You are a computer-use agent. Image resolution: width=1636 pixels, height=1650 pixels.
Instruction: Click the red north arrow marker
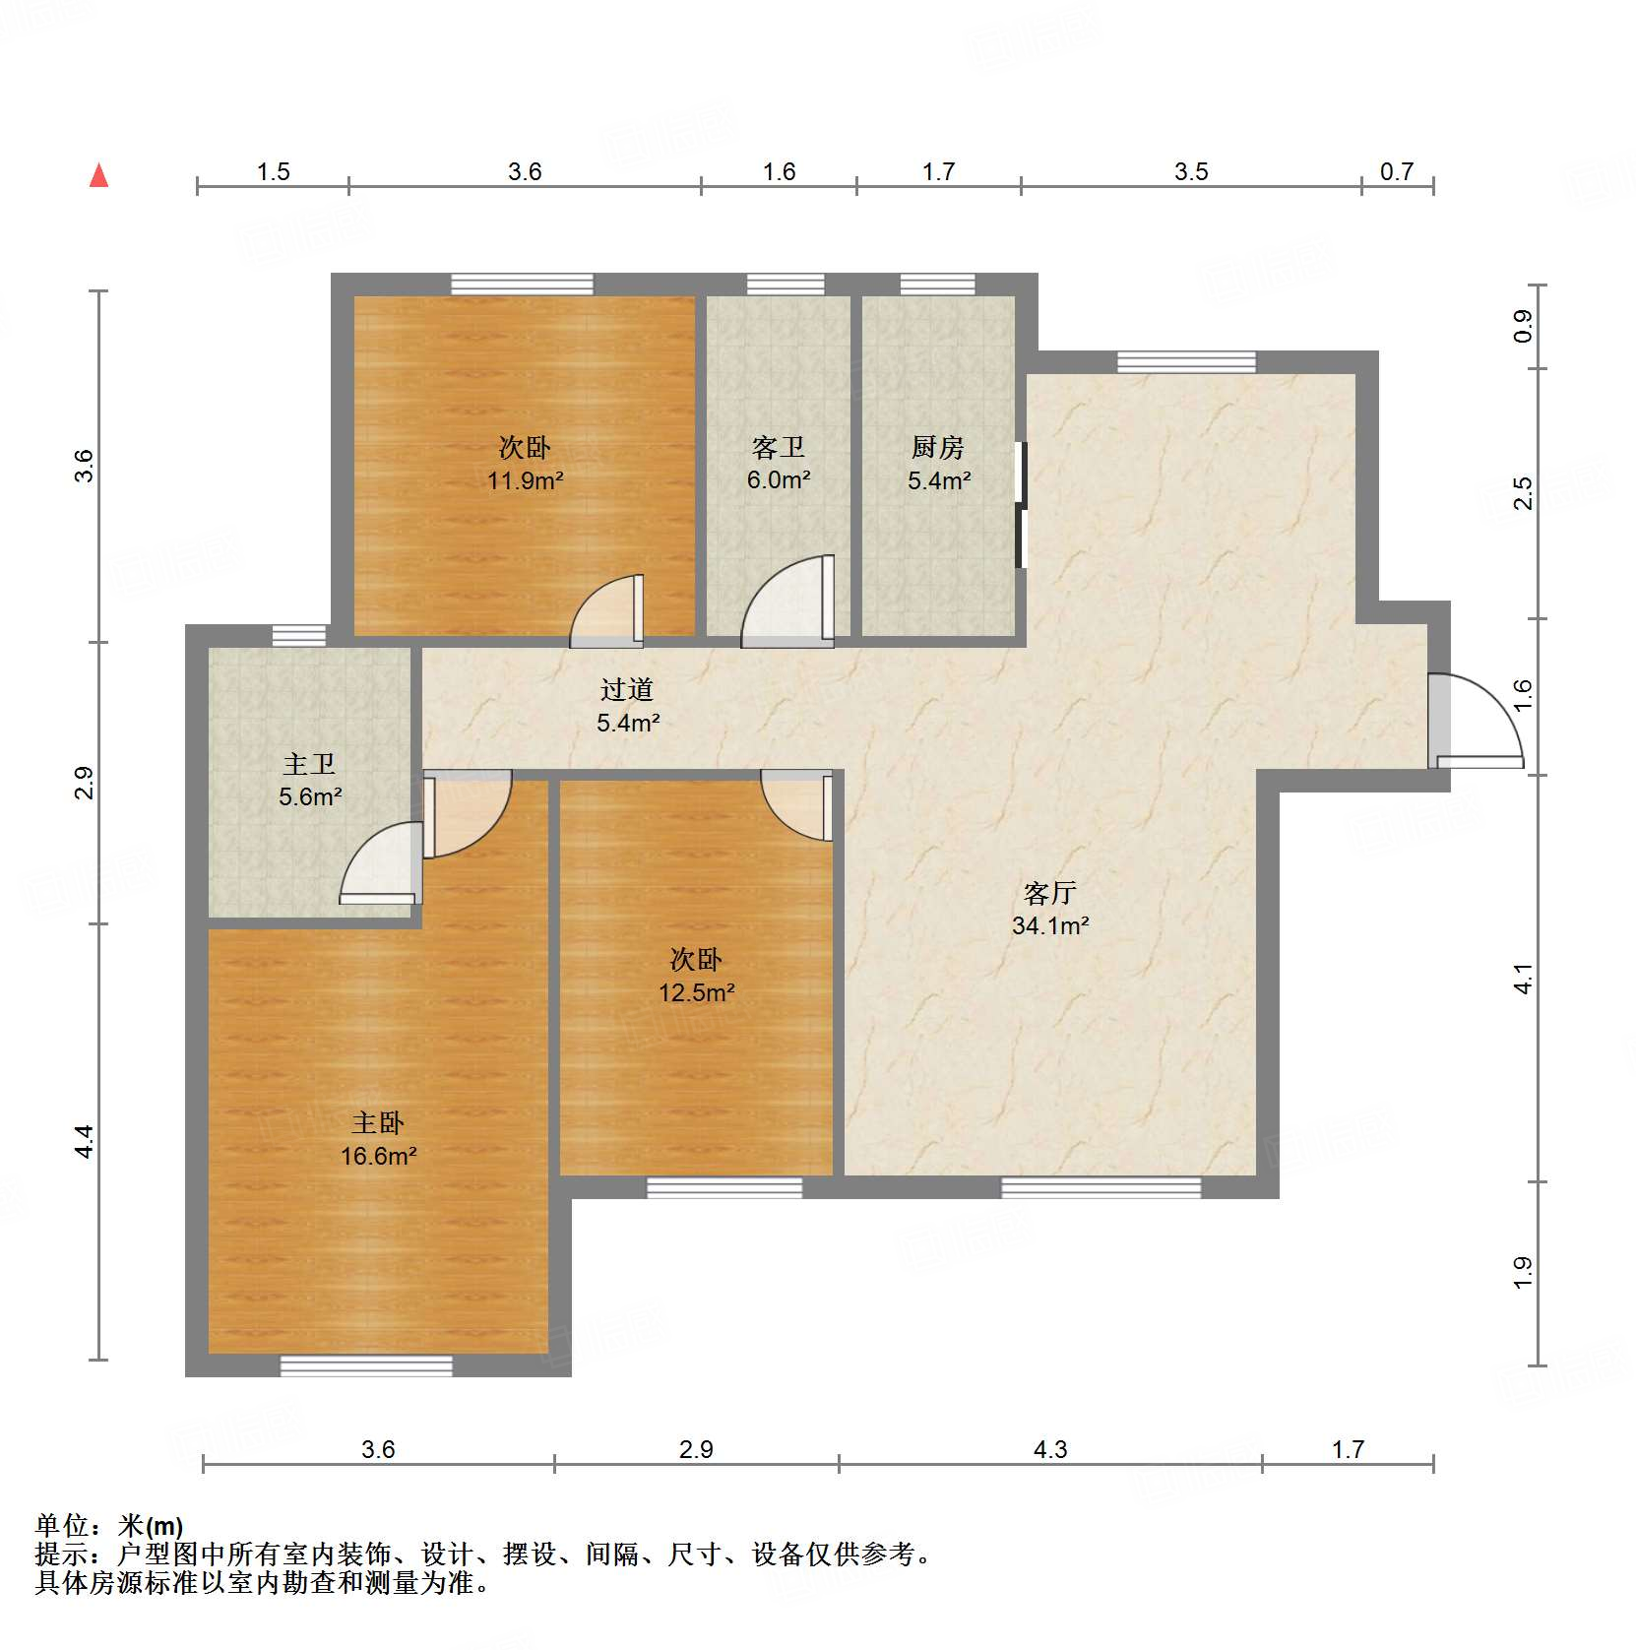[98, 176]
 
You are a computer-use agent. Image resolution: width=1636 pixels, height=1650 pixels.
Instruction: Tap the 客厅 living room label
[1049, 893]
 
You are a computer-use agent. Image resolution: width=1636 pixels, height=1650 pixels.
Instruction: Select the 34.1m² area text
[1049, 925]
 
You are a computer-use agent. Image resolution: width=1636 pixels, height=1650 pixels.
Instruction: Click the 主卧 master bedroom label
[378, 1123]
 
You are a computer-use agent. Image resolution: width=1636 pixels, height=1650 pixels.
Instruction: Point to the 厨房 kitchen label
[937, 448]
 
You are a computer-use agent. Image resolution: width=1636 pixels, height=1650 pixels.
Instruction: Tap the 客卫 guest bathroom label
[778, 448]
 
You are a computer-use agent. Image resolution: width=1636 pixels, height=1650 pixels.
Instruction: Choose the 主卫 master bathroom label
[309, 764]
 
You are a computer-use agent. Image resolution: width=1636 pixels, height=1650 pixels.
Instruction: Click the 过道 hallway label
[627, 690]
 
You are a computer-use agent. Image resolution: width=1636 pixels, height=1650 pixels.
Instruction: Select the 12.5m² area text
[696, 992]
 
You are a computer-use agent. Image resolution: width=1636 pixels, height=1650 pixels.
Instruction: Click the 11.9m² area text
[525, 480]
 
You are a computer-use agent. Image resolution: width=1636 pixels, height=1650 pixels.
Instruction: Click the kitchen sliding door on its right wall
[1021, 505]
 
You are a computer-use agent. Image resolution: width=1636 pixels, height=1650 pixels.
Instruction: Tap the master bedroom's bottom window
[366, 1365]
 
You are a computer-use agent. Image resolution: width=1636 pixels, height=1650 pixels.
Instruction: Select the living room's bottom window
[1101, 1187]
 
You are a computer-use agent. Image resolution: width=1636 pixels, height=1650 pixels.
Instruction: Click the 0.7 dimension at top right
[1396, 172]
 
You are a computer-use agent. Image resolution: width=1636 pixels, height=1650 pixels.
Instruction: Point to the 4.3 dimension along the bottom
[1049, 1449]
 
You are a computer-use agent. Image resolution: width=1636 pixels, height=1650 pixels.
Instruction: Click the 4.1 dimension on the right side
[1523, 979]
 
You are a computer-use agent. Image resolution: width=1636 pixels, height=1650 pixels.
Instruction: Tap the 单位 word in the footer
[62, 1526]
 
